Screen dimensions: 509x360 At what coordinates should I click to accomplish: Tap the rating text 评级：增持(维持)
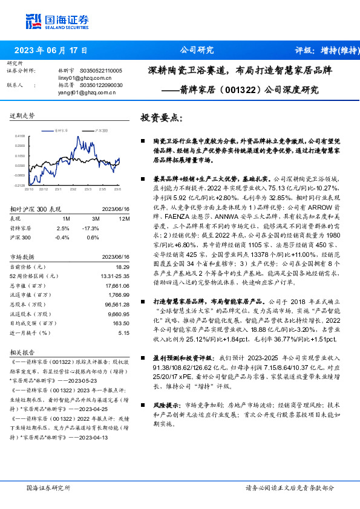pyautogui.click(x=324, y=51)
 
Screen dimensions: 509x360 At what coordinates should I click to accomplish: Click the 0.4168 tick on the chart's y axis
pyautogui.click(x=19, y=137)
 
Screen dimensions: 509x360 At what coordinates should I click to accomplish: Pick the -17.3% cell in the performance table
pyautogui.click(x=91, y=228)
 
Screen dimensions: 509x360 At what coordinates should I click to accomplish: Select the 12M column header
pyautogui.click(x=125, y=218)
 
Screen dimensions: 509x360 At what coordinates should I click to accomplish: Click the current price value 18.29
pyautogui.click(x=123, y=266)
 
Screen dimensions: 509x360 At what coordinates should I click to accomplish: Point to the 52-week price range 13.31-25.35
pyautogui.click(x=114, y=276)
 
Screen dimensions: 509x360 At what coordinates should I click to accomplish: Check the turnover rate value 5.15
pyautogui.click(x=125, y=332)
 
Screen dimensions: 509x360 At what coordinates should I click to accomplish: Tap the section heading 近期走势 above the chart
pyautogui.click(x=22, y=115)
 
